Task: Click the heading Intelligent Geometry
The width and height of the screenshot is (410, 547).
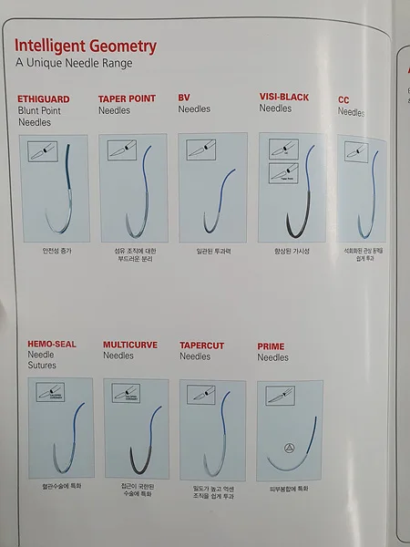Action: click(x=86, y=46)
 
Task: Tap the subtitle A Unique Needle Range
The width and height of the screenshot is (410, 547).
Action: click(x=74, y=63)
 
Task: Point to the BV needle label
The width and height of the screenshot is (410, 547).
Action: click(x=184, y=97)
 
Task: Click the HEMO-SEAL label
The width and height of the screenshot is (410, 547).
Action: click(x=51, y=346)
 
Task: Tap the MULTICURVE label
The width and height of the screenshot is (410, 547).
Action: click(x=132, y=346)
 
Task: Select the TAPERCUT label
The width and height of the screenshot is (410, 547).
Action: click(x=202, y=346)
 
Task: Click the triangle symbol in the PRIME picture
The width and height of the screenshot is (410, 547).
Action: click(x=289, y=449)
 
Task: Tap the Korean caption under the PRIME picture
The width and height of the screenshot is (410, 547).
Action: click(x=291, y=489)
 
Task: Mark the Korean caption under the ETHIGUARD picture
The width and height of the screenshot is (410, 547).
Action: click(x=55, y=249)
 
